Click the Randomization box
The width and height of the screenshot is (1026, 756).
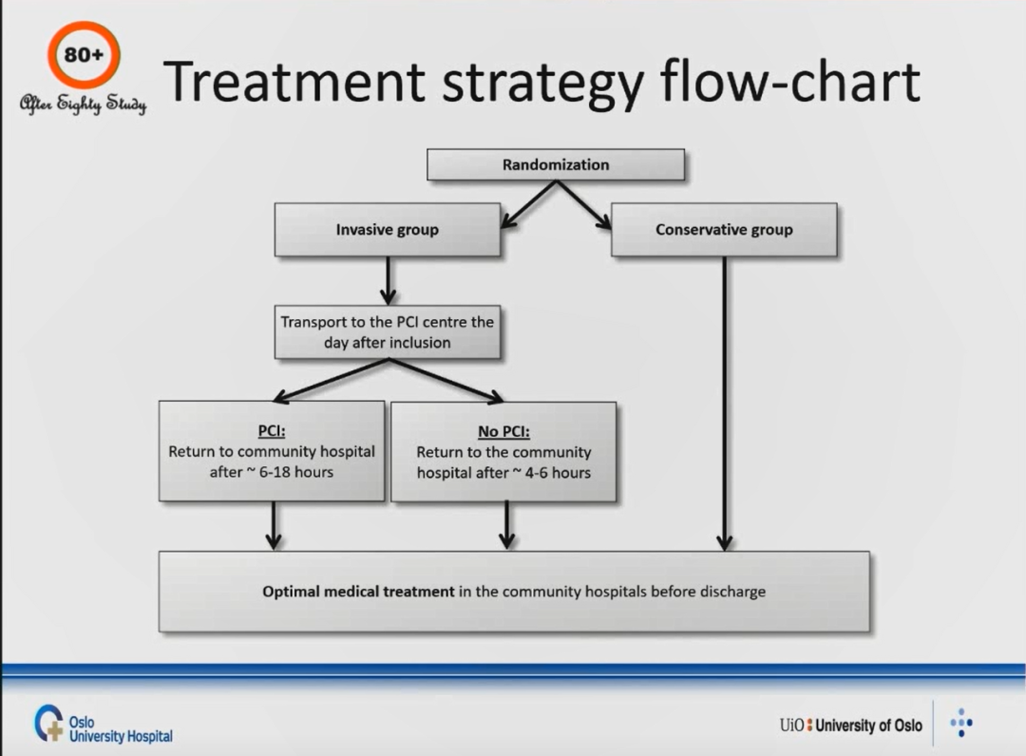[x=556, y=164]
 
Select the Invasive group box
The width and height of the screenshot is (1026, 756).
[x=388, y=230]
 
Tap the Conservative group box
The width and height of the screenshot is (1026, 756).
[x=724, y=230]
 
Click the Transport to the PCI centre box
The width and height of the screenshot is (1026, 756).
[x=388, y=332]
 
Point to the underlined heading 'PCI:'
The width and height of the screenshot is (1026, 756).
[x=272, y=431]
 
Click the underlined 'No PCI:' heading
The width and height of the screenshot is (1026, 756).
[x=503, y=431]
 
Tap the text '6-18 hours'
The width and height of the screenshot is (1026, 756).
[x=296, y=471]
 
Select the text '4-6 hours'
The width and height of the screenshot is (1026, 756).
[x=558, y=472]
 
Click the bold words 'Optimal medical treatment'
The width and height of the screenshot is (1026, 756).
[x=358, y=591]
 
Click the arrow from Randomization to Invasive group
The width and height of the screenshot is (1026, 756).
[x=529, y=205]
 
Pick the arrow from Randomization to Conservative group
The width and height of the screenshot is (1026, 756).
[x=583, y=205]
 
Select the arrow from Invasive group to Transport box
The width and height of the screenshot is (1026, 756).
[x=388, y=280]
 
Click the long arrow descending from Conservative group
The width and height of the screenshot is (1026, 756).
[x=724, y=404]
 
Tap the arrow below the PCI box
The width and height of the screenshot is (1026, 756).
[x=274, y=526]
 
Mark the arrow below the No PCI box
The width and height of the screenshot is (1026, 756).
[x=506, y=526]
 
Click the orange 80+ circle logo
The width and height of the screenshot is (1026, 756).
[x=84, y=55]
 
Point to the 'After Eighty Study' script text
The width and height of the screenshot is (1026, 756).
[x=83, y=104]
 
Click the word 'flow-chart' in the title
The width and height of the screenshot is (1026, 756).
[x=790, y=81]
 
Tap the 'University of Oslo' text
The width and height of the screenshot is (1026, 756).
[x=868, y=726]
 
